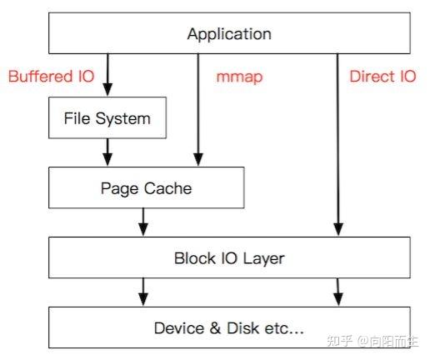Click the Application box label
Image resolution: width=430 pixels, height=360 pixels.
click(x=229, y=34)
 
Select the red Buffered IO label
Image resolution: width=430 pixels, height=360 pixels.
click(x=51, y=77)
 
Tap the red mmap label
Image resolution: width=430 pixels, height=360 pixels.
click(x=239, y=77)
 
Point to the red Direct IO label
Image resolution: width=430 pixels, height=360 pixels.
click(x=382, y=77)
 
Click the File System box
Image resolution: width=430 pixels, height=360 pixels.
click(x=107, y=117)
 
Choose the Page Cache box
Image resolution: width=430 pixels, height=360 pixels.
click(x=145, y=188)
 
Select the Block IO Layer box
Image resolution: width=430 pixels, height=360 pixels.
click(x=229, y=258)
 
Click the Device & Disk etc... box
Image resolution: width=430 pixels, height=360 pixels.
click(x=229, y=327)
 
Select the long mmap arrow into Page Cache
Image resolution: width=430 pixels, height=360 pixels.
click(x=197, y=108)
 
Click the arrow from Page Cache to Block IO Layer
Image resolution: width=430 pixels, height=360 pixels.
click(x=143, y=222)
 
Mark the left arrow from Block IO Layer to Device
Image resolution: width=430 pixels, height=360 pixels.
click(x=143, y=292)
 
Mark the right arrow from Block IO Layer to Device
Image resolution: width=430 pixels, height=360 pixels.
click(x=338, y=292)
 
